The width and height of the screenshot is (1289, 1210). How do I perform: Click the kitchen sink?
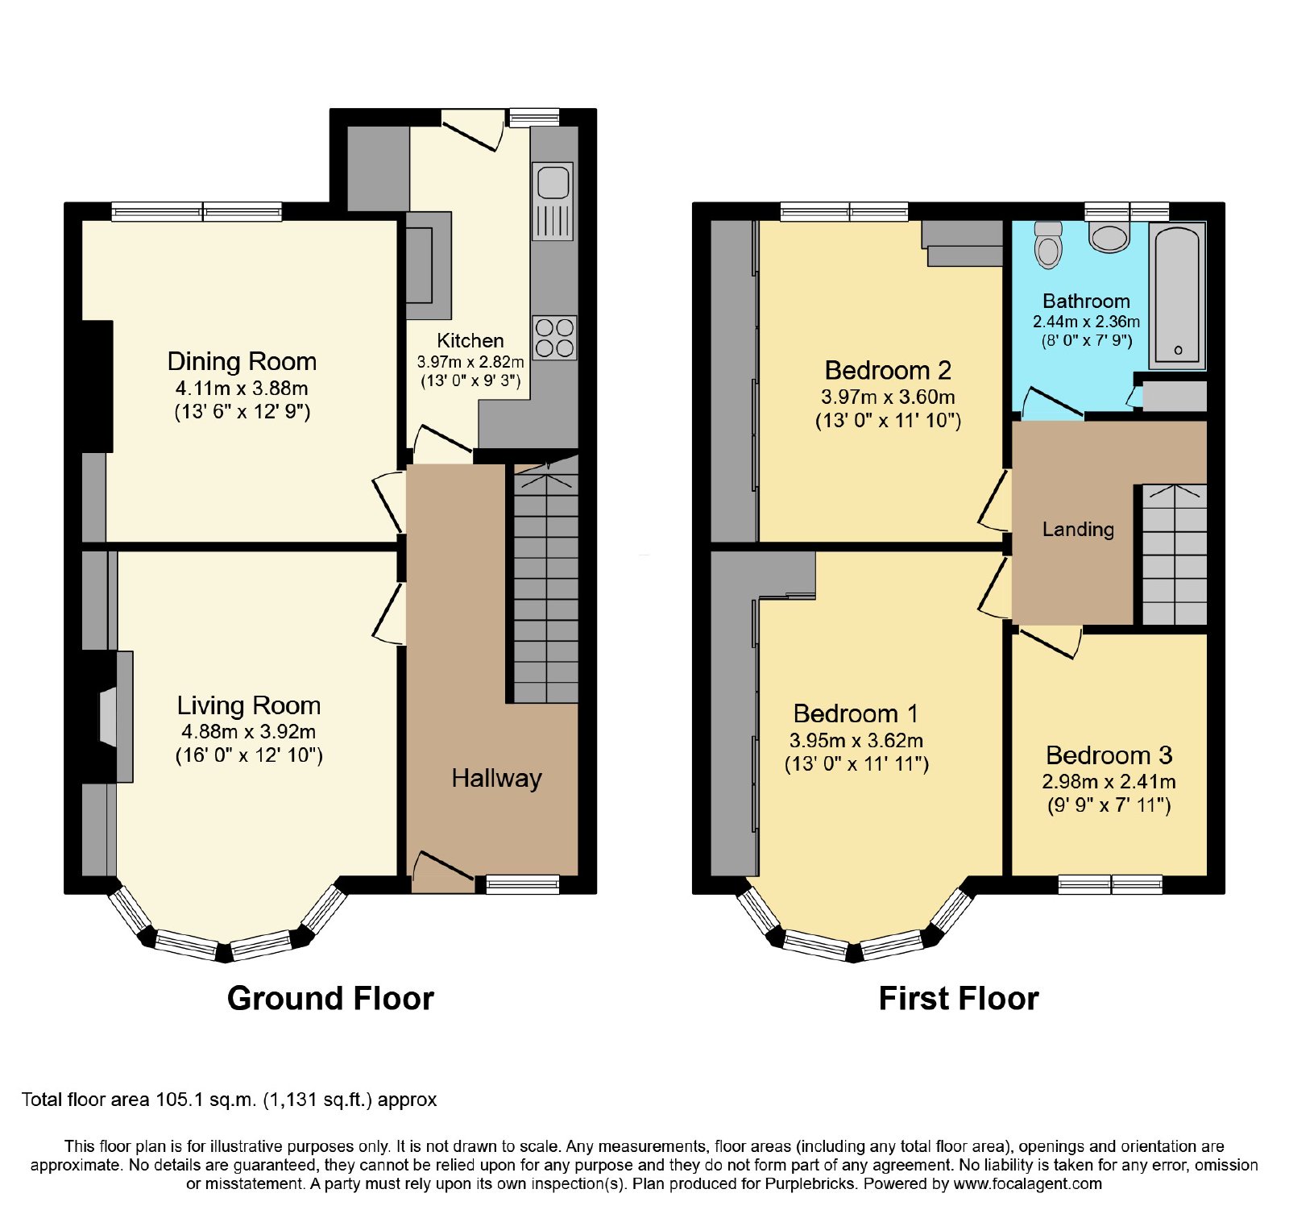(x=553, y=201)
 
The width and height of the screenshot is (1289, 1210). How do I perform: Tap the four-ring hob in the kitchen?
(x=554, y=338)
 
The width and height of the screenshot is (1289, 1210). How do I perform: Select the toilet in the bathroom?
(x=1048, y=245)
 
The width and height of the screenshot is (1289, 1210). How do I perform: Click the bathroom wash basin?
(x=1109, y=237)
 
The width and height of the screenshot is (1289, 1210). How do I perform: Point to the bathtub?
(x=1177, y=295)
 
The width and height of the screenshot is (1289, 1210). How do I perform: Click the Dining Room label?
(x=242, y=361)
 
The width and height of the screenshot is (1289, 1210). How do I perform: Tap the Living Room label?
(x=249, y=705)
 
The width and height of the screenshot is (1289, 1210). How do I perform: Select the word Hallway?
(x=496, y=779)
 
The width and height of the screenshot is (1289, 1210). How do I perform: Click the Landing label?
(x=1078, y=530)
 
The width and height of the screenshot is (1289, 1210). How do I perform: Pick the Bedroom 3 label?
(x=1109, y=755)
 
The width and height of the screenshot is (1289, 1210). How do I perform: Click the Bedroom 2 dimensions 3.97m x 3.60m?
(x=888, y=397)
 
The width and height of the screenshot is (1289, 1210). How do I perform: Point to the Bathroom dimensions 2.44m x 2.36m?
(x=1086, y=322)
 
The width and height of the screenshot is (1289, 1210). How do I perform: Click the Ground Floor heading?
(x=330, y=999)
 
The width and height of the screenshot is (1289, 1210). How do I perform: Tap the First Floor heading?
(x=959, y=999)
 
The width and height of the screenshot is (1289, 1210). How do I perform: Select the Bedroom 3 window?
(x=1110, y=884)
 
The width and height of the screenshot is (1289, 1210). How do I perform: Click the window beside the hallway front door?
(x=522, y=884)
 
